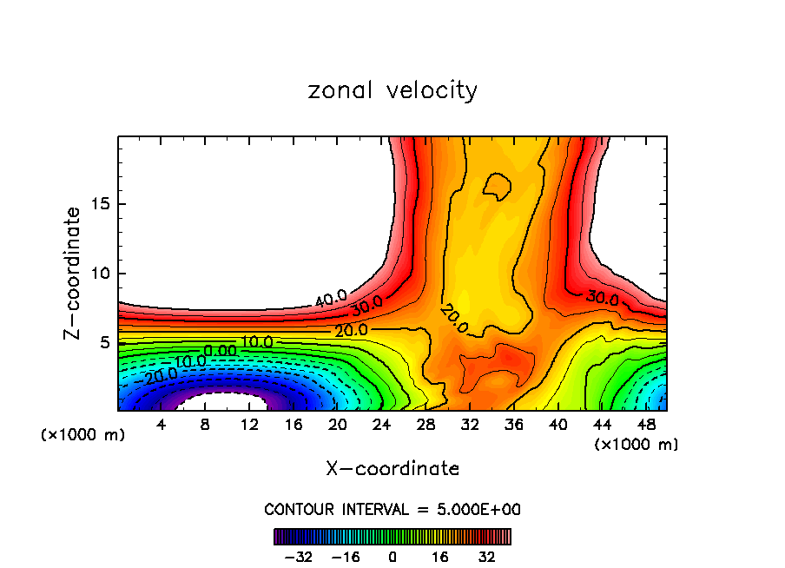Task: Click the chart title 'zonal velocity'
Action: click(392, 90)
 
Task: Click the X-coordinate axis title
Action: click(392, 469)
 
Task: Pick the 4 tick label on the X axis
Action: click(161, 425)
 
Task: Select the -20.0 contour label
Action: click(161, 375)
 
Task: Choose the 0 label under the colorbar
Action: click(392, 558)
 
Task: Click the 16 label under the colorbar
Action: click(440, 558)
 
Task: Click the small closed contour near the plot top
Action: click(498, 185)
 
